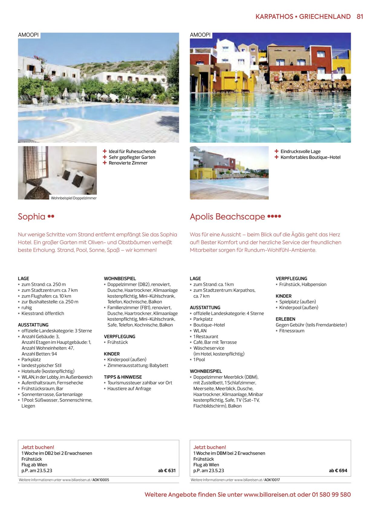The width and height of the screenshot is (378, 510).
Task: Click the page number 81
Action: [360, 17]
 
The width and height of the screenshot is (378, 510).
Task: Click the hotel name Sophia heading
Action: [31, 216]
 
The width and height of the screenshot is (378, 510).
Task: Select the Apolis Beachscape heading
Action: [227, 216]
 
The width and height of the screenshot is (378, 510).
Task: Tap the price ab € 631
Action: [167, 470]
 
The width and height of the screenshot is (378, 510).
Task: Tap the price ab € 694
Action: [338, 470]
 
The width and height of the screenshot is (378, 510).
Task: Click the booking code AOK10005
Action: [101, 480]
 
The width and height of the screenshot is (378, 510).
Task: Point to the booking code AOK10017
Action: [272, 480]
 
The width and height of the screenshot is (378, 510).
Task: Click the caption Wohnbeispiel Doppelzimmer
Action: [74, 198]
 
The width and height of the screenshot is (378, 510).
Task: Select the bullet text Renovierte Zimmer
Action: [128, 163]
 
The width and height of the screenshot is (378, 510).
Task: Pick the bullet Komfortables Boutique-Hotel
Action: [310, 157]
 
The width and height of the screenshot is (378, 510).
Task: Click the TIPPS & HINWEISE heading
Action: [123, 377]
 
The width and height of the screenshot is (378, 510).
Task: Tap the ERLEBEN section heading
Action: [285, 319]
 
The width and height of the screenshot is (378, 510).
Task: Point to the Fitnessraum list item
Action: [292, 331]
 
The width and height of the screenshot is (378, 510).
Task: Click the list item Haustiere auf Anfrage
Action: [129, 388]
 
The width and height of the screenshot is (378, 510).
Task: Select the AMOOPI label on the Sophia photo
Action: [28, 35]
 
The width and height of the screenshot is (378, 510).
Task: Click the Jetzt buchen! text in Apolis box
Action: [210, 447]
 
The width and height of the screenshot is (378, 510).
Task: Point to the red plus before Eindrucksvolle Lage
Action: [276, 151]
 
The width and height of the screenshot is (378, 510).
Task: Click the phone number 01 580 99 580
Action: [331, 495]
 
